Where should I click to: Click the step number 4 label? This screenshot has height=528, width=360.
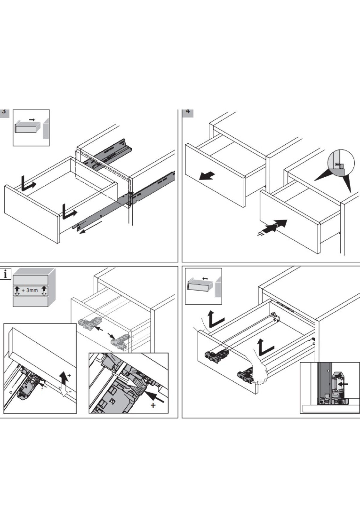coord(188,112)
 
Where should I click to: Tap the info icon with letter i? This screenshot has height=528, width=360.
coord(5,274)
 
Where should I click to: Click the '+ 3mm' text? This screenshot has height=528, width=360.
coord(30,290)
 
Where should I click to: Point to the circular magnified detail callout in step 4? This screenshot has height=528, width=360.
coord(341,163)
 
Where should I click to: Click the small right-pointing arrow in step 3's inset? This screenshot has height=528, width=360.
coord(32,120)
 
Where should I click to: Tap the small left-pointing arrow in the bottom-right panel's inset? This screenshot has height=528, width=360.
coord(205,278)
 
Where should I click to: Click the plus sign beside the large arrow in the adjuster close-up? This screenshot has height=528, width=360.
coord(153,405)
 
